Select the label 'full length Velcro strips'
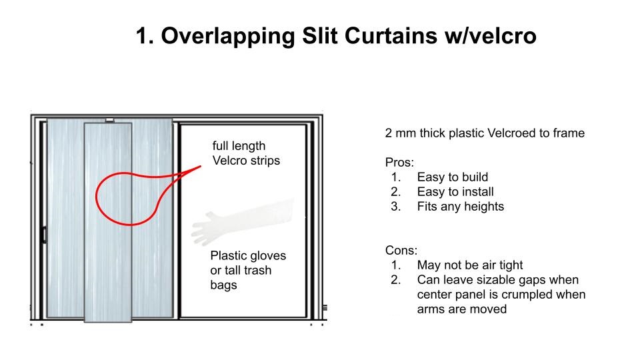(x=239, y=153)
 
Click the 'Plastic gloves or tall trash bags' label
(x=247, y=271)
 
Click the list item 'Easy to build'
(x=452, y=177)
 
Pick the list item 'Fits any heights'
(x=460, y=206)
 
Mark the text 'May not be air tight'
(x=470, y=265)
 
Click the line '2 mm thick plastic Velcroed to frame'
(x=485, y=133)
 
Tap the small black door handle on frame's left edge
(x=43, y=234)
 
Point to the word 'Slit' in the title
(x=320, y=36)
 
